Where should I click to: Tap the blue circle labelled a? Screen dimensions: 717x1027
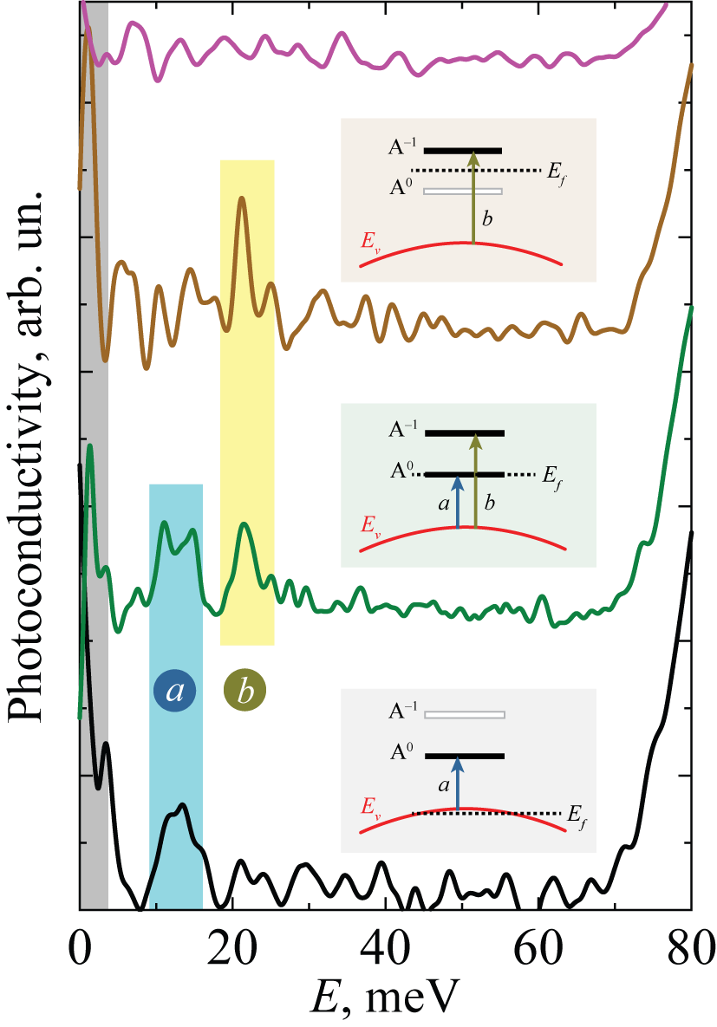175,691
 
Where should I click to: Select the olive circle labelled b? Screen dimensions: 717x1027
244,691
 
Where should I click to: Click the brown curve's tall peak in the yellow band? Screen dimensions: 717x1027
242,198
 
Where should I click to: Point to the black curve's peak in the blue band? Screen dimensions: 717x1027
181,805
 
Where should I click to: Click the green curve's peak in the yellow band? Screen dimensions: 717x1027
244,524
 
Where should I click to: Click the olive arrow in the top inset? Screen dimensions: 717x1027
473,198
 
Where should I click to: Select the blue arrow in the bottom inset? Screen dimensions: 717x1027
458,783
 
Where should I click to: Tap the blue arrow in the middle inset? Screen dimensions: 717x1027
458,502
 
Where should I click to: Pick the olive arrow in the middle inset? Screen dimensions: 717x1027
476,481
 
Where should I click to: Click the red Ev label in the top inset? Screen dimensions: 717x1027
370,242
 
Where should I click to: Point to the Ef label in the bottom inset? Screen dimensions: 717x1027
577,817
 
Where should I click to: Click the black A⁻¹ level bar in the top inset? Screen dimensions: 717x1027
463,151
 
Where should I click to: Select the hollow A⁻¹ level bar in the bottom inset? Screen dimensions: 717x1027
465,715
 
